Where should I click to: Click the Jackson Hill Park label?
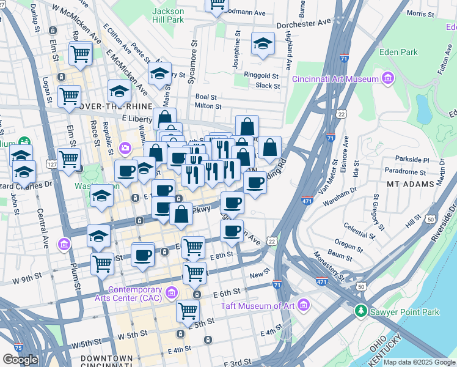pyautogui.click(x=167, y=15)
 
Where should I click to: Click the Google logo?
pyautogui.click(x=20, y=359)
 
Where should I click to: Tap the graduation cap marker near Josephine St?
pyautogui.click(x=263, y=44)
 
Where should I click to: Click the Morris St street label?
pyautogui.click(x=420, y=13)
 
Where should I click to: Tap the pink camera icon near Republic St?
pyautogui.click(x=126, y=147)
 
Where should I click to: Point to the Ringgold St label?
pyautogui.click(x=261, y=76)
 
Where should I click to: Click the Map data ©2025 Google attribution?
pyautogui.click(x=419, y=362)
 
